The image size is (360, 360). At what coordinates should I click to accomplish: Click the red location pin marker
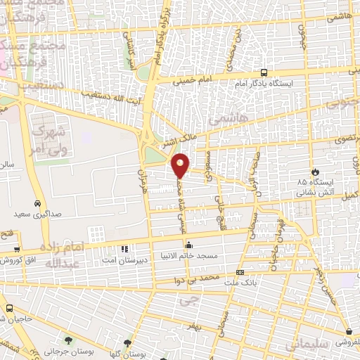click(181, 165)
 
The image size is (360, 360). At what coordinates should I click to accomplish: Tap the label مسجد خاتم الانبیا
click(189, 256)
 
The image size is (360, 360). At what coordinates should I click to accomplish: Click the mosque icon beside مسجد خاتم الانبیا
click(188, 245)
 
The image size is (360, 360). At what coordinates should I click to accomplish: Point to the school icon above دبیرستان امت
click(125, 249)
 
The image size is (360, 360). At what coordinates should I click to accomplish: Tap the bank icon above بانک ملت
click(240, 272)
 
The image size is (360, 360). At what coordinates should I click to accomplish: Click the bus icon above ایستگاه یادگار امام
click(264, 72)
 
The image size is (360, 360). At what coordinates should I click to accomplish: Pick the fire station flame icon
click(315, 172)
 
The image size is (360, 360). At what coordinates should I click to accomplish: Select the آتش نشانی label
click(314, 190)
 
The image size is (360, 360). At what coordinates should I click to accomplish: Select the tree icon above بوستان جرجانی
click(68, 340)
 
